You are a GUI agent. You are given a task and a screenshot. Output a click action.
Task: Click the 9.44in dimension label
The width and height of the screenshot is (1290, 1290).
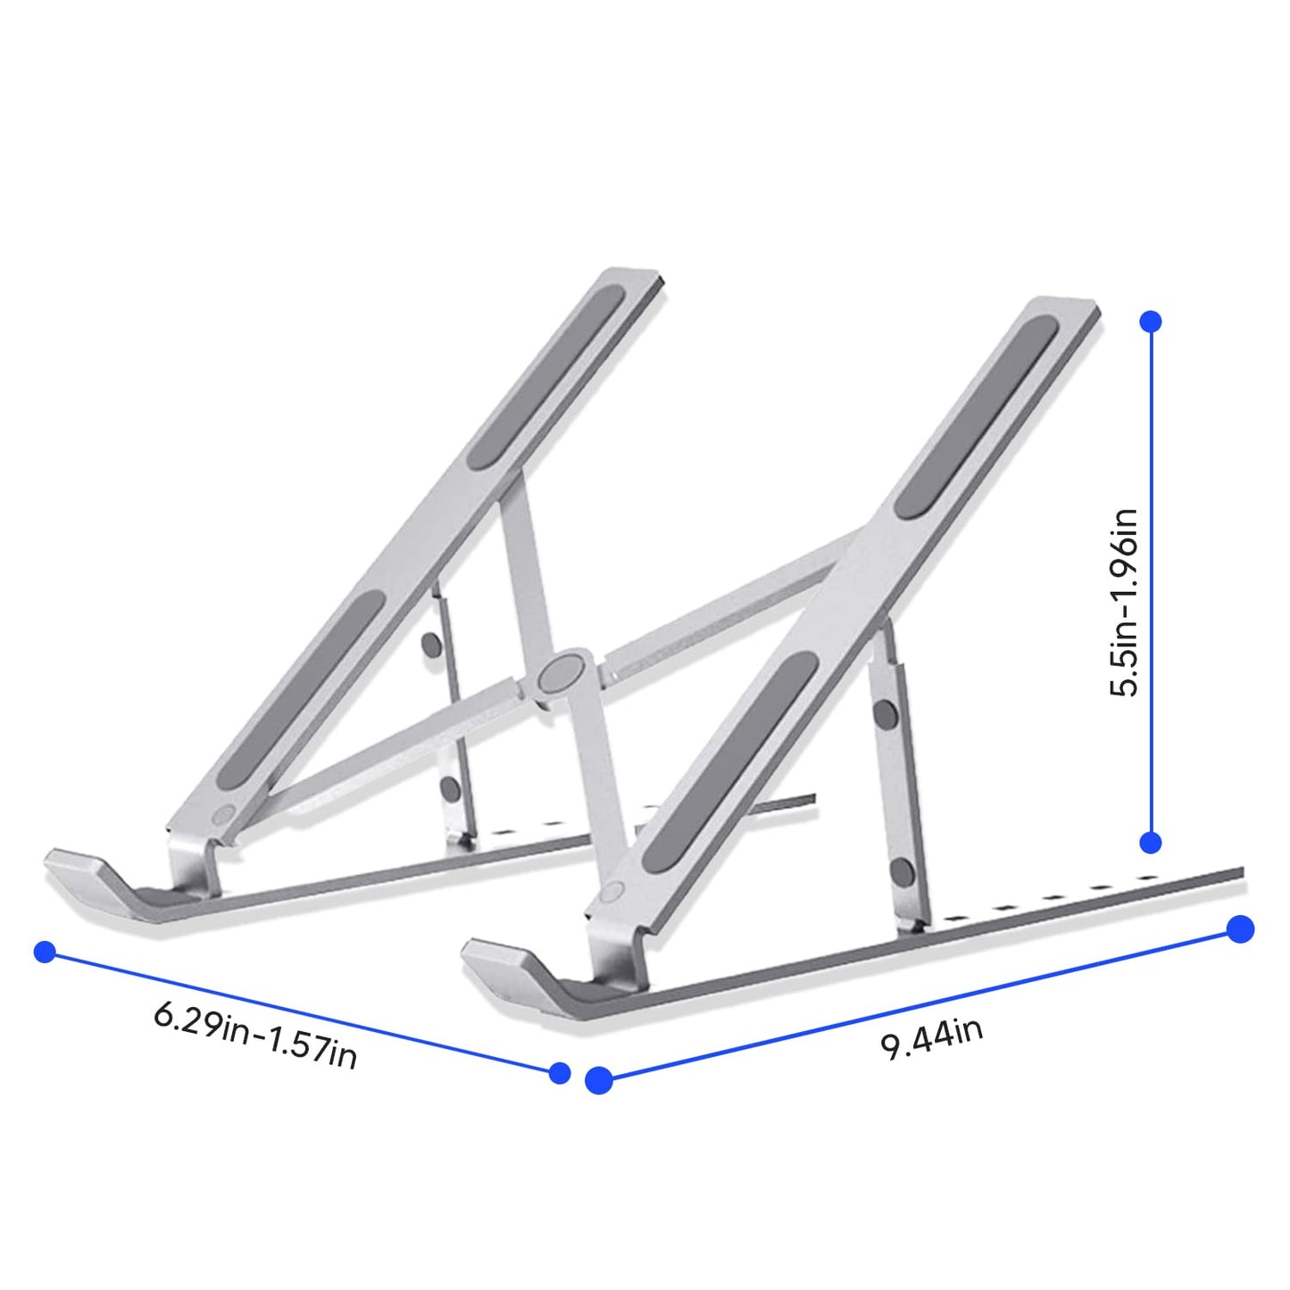point(932,1038)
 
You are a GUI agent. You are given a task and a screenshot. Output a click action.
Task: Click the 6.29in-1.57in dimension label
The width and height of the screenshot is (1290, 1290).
point(255,1035)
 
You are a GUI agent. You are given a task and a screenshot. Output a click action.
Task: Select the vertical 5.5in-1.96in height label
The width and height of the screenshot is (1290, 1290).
point(1124,603)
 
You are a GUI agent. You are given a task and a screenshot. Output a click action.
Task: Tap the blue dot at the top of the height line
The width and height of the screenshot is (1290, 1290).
point(1151,321)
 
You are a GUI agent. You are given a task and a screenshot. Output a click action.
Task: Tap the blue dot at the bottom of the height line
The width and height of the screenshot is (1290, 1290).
point(1151,842)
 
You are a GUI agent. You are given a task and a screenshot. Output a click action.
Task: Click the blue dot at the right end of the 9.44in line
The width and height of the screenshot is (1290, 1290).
point(1240,929)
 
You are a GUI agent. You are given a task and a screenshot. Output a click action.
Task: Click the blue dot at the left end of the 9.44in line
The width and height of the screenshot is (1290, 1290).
point(599,1080)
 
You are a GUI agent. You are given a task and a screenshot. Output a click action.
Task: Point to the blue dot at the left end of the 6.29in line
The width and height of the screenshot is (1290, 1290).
point(45,952)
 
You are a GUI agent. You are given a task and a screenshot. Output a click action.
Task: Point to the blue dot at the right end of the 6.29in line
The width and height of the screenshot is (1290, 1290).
point(560,1072)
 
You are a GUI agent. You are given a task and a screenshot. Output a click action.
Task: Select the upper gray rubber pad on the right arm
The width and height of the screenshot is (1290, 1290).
point(977,417)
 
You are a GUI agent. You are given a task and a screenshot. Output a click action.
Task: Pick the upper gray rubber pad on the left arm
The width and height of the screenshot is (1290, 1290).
point(547,378)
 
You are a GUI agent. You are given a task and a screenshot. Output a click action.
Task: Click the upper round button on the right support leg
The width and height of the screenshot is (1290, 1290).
point(885,713)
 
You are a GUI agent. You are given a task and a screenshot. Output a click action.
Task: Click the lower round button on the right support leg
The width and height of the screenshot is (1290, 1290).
point(902,872)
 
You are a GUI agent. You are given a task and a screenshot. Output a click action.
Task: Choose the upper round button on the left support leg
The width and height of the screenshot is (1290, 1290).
point(431,645)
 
